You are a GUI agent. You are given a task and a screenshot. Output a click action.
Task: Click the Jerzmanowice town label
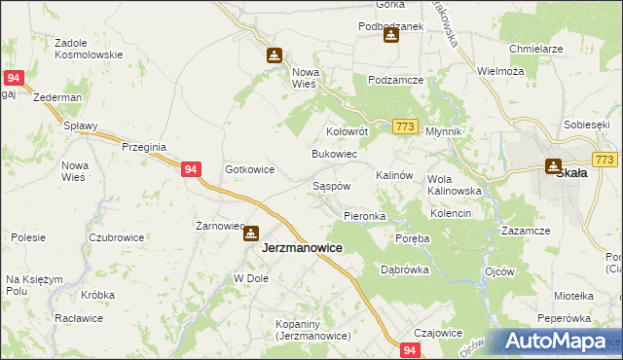click(302, 248)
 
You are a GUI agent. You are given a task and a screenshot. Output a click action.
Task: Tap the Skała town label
click(570, 173)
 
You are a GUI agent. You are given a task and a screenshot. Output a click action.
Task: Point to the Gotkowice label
click(249, 169)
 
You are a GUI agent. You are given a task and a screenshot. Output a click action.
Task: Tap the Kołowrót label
click(346, 130)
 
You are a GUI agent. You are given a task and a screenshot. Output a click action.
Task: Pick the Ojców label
click(498, 271)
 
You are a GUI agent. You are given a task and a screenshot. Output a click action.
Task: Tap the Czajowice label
click(438, 333)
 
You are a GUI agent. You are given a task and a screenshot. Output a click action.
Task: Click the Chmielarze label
click(536, 48)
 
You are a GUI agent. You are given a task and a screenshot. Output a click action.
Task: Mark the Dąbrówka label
click(405, 270)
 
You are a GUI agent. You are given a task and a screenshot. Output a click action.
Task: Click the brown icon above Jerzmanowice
click(251, 234)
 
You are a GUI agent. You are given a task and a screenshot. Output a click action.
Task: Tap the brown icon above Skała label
click(553, 165)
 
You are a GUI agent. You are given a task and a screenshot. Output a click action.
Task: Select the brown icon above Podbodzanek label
click(390, 36)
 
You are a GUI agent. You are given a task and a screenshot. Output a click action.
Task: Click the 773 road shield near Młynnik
click(406, 126)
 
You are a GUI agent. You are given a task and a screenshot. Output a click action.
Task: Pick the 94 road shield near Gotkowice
click(191, 169)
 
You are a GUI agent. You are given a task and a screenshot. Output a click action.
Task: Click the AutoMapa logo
click(555, 341)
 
